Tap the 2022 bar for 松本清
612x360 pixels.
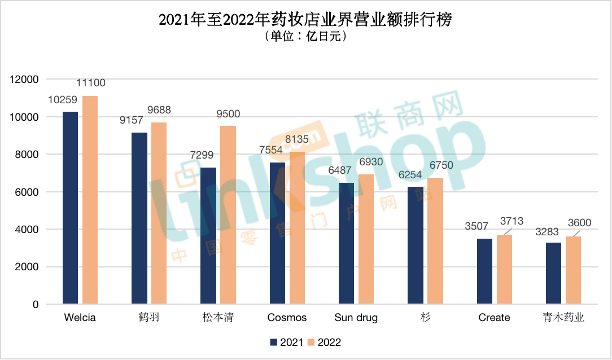[x=228, y=215]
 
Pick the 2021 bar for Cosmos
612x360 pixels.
[x=277, y=233]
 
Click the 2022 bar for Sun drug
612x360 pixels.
[x=366, y=239]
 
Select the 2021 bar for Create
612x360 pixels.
[x=484, y=271]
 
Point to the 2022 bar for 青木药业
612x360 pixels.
[x=573, y=270]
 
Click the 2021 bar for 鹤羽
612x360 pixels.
[x=139, y=218]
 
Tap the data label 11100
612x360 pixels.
[x=90, y=84]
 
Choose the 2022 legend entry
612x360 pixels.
[x=324, y=343]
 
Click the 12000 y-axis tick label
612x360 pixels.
[x=24, y=80]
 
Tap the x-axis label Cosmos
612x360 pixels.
[x=287, y=318]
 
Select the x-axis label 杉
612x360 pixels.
[x=425, y=318]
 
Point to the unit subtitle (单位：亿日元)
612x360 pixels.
[x=305, y=37]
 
